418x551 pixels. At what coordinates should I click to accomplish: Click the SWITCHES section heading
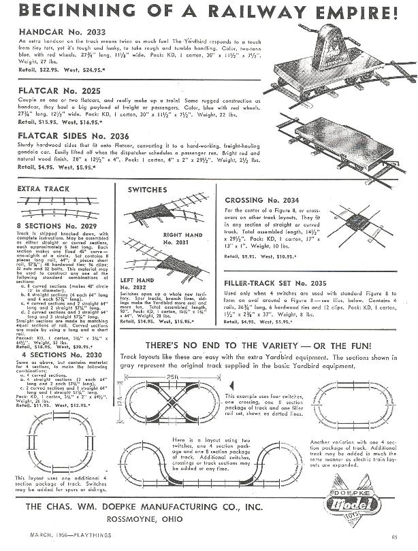147,189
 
